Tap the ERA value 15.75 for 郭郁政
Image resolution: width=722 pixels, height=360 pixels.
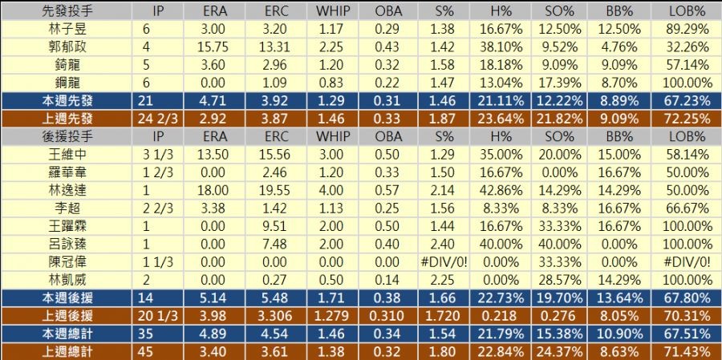coord(215,47)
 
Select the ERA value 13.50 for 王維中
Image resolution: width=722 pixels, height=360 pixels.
coord(215,153)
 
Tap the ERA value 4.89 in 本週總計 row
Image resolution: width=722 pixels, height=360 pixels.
coord(215,333)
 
